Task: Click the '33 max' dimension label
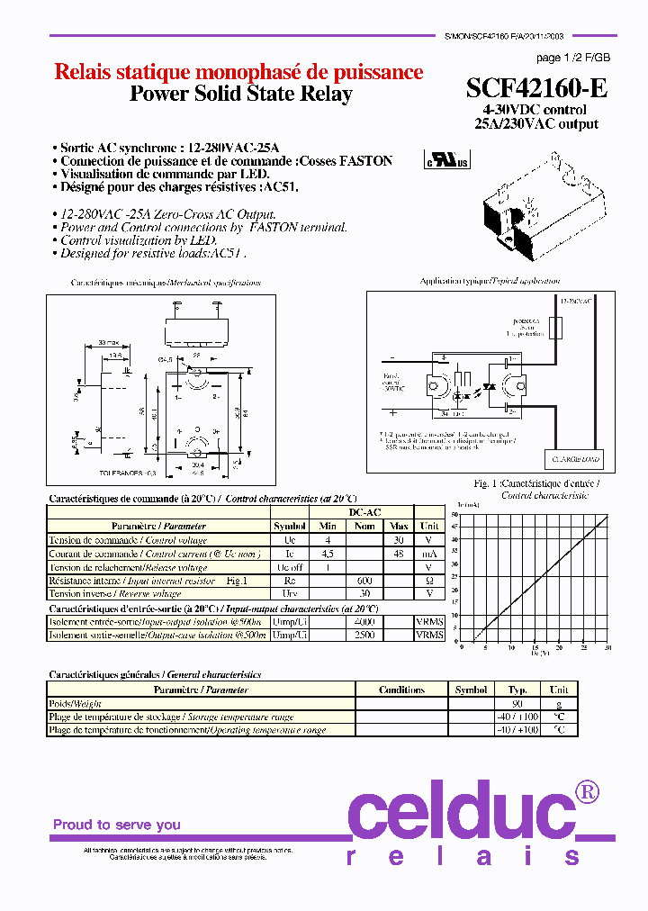tap(110, 343)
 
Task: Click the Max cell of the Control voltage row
tap(399, 540)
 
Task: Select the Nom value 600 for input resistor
tap(364, 581)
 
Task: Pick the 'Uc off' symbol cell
tap(290, 567)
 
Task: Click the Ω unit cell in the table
tap(430, 581)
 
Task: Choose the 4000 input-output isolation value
tap(364, 621)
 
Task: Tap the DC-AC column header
tap(364, 512)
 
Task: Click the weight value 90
tap(517, 704)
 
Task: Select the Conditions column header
tap(401, 690)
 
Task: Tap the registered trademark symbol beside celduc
tap(587, 792)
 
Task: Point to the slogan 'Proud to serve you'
tap(117, 825)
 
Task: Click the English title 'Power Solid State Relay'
tap(241, 95)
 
